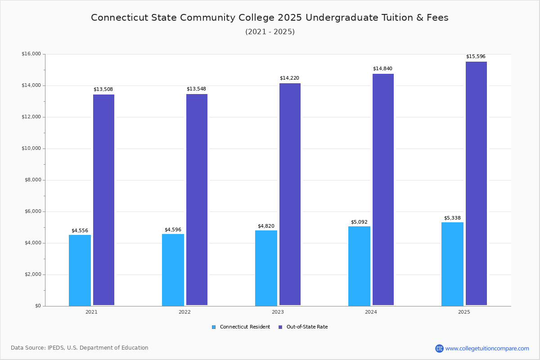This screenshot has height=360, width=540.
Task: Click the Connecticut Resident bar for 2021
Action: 80,270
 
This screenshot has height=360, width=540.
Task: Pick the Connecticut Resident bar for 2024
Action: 359,266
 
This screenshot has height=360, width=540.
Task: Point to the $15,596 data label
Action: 476,57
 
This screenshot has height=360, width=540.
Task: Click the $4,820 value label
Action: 266,226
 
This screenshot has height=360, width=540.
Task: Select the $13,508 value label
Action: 103,90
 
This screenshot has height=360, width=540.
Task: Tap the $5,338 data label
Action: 452,218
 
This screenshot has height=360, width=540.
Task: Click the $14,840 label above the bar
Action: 382,69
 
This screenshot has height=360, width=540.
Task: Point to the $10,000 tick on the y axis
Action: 31,148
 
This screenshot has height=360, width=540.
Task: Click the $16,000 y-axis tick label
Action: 31,54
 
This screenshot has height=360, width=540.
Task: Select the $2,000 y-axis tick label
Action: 32,274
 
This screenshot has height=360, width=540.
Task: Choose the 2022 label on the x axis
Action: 184,312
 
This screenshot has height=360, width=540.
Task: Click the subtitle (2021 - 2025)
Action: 270,32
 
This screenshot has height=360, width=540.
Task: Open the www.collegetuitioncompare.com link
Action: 487,348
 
